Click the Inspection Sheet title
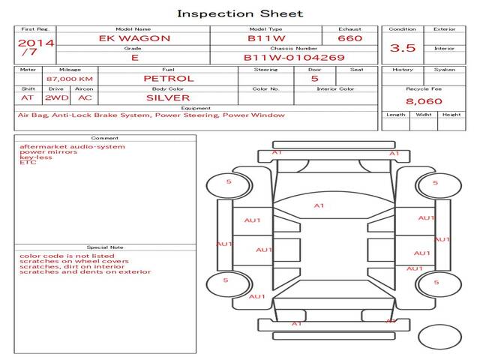[240, 13]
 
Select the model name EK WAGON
[135, 38]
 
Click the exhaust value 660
[349, 38]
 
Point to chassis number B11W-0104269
[294, 57]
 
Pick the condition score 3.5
[403, 48]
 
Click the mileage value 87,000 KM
[69, 78]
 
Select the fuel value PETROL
[168, 78]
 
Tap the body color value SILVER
[168, 97]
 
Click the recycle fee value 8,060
[424, 101]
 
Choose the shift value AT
[27, 97]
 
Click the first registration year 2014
[35, 43]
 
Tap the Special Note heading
[104, 247]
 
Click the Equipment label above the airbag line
[195, 107]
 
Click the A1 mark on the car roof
[319, 205]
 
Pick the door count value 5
[314, 78]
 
